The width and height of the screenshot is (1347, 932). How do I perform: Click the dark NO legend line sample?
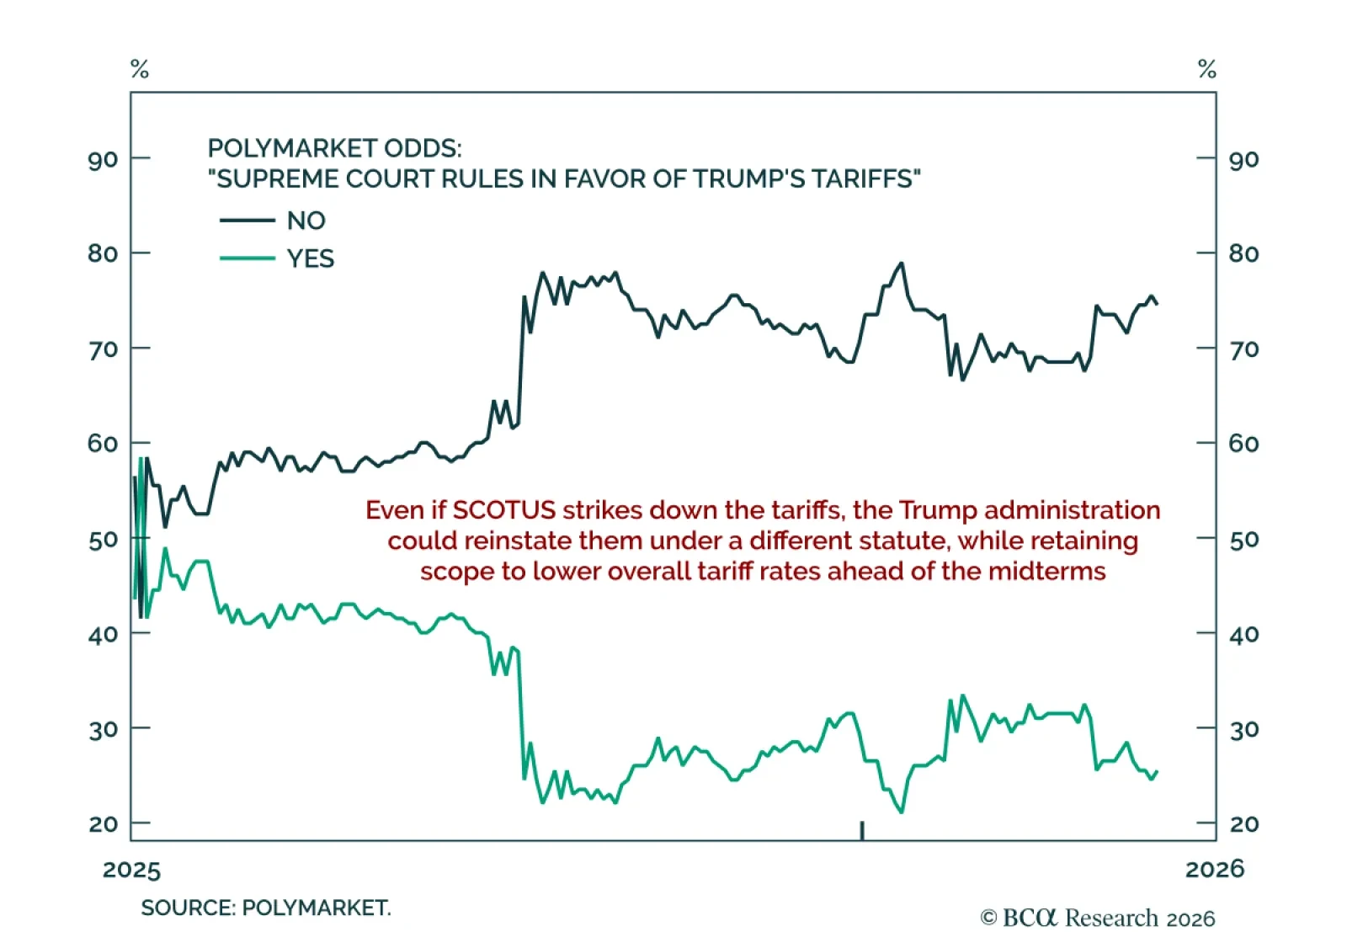(x=247, y=221)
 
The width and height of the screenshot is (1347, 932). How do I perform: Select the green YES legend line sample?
(x=247, y=258)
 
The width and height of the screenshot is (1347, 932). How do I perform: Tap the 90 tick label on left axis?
(x=103, y=160)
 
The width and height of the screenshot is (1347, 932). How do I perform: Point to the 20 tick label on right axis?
(x=1244, y=824)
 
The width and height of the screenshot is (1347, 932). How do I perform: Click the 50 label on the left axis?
(x=103, y=540)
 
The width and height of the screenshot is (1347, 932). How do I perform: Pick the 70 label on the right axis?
(x=1244, y=349)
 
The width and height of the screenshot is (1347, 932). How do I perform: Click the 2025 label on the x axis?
(x=131, y=870)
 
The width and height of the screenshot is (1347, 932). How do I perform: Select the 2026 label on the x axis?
(x=1214, y=869)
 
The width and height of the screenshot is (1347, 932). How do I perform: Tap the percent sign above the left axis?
(x=140, y=69)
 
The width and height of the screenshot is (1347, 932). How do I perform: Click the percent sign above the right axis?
(x=1207, y=69)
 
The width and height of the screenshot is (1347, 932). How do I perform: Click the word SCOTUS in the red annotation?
(x=504, y=510)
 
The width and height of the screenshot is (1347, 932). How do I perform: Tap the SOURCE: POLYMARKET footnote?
(x=265, y=908)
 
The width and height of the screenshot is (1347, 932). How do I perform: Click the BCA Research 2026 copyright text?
(x=1098, y=918)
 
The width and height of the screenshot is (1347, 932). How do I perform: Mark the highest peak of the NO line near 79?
(x=902, y=264)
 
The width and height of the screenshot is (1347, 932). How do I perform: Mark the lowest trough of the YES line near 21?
(x=902, y=812)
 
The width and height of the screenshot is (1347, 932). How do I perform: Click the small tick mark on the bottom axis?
(x=862, y=830)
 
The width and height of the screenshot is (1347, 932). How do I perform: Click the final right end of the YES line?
(x=1157, y=771)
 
